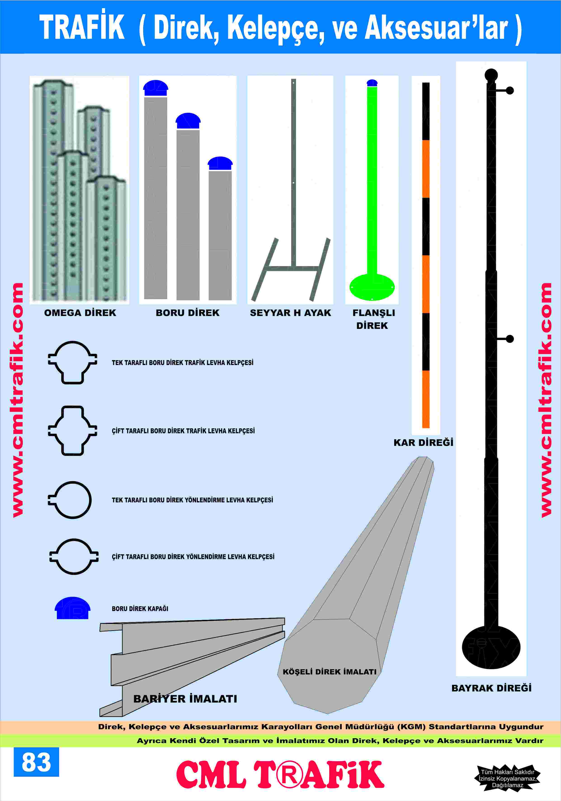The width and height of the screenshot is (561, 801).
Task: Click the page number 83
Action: click(x=36, y=762)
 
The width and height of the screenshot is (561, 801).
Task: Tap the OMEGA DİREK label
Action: click(x=80, y=313)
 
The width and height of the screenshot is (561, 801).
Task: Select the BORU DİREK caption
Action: click(x=187, y=313)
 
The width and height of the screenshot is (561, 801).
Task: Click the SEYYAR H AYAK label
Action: click(x=290, y=313)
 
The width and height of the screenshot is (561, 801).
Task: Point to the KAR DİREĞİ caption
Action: click(x=423, y=442)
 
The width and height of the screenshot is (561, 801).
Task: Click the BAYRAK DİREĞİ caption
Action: click(x=491, y=688)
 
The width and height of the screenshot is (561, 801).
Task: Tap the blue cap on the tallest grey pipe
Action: click(x=156, y=88)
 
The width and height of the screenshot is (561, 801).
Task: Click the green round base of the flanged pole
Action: click(x=372, y=287)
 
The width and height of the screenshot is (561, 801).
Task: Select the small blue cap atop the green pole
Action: click(x=372, y=83)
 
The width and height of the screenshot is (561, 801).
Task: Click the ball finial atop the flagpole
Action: click(x=491, y=75)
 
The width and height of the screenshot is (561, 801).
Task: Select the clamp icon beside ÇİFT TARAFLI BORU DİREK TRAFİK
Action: click(x=72, y=431)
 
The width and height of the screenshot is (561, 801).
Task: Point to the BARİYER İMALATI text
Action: click(x=185, y=699)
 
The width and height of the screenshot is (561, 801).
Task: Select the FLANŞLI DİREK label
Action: click(x=373, y=319)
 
